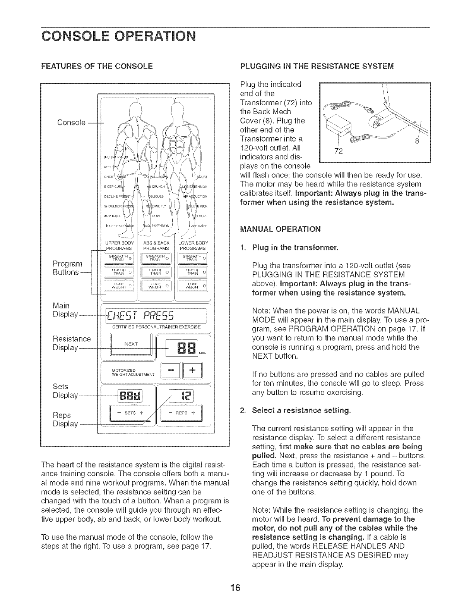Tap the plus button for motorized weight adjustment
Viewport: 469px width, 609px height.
pos(192,370)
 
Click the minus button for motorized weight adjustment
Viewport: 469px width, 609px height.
pos(172,370)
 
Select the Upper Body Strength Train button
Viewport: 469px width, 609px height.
pos(118,258)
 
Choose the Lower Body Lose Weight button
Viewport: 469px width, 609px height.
pos(193,286)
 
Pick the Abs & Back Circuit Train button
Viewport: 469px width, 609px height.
pos(156,272)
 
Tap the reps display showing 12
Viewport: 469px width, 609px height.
pos(184,395)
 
